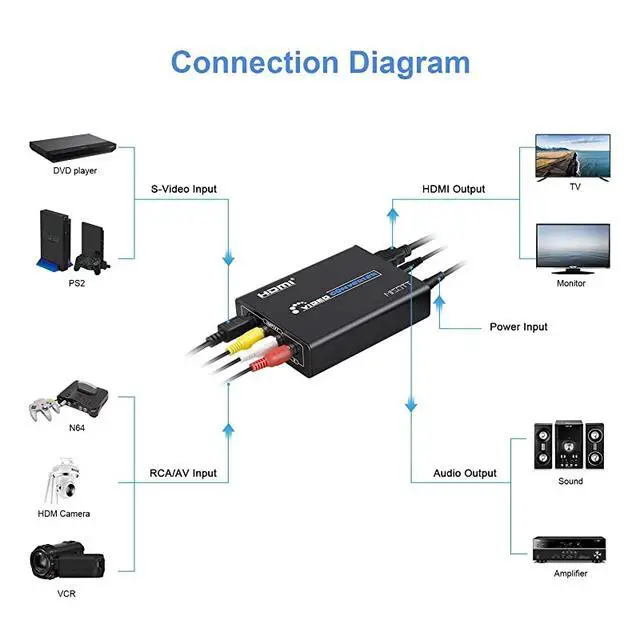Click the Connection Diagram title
tap(320, 62)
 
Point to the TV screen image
tap(573, 157)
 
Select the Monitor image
tap(573, 248)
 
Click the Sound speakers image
tap(569, 446)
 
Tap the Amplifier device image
tap(571, 546)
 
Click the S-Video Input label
tap(184, 189)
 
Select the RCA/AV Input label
tap(184, 473)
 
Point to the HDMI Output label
tap(453, 189)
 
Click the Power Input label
tap(518, 327)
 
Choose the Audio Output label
tap(464, 473)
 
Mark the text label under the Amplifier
tap(571, 574)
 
